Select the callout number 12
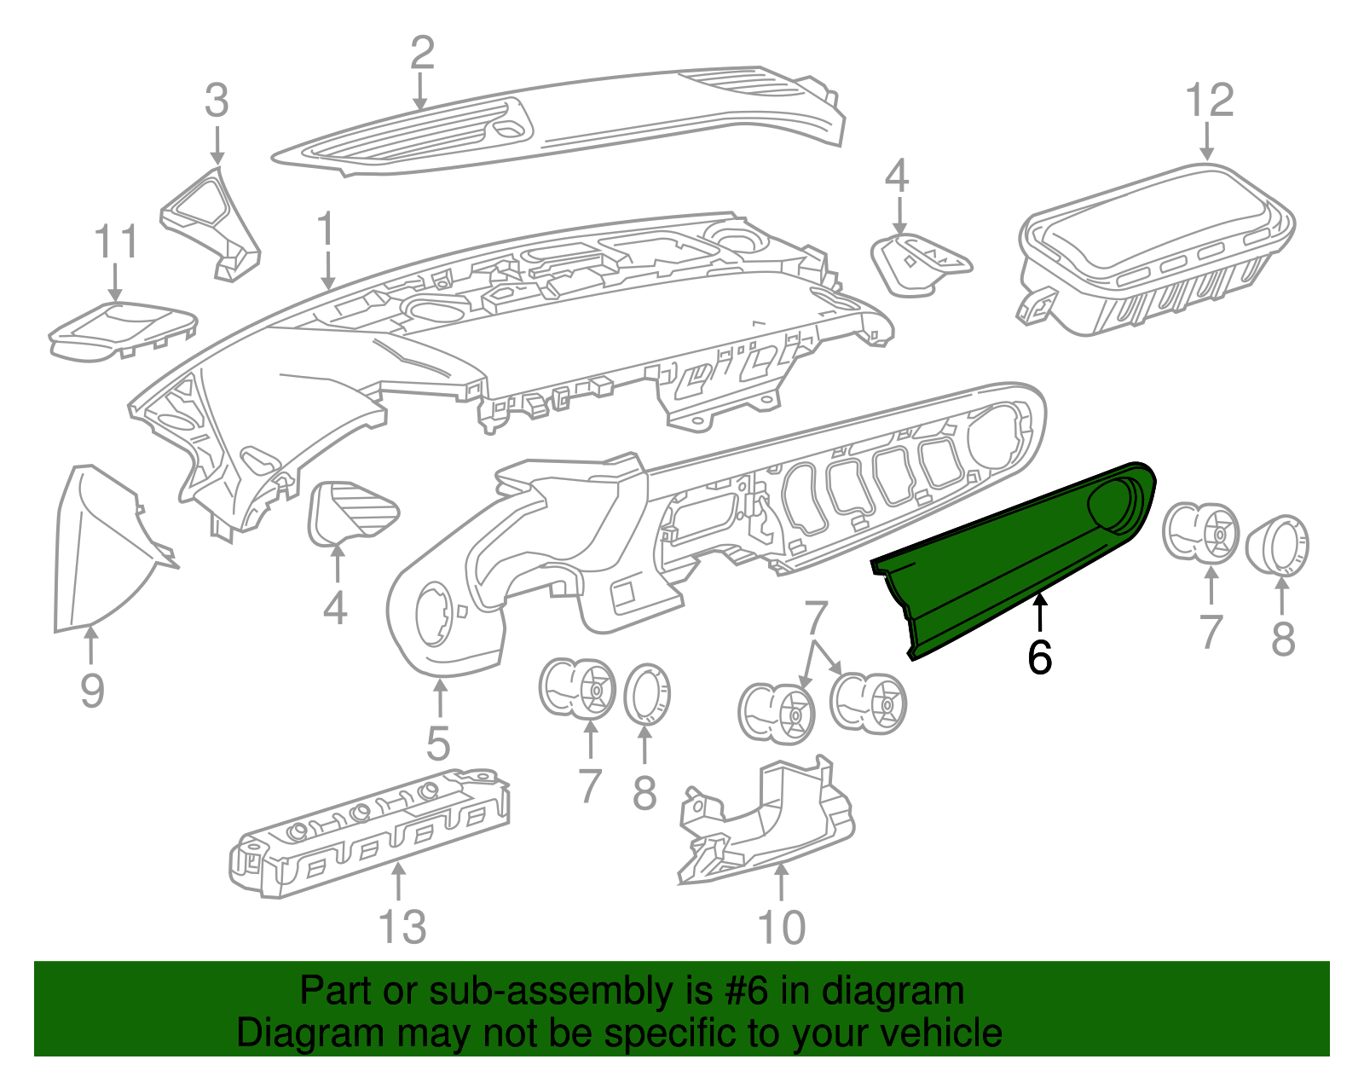coord(1210,101)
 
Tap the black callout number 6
coord(1039,657)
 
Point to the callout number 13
coord(402,927)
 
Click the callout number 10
coord(781,927)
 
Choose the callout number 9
coord(92,690)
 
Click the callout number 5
coord(438,744)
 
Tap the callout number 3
coord(217,101)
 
